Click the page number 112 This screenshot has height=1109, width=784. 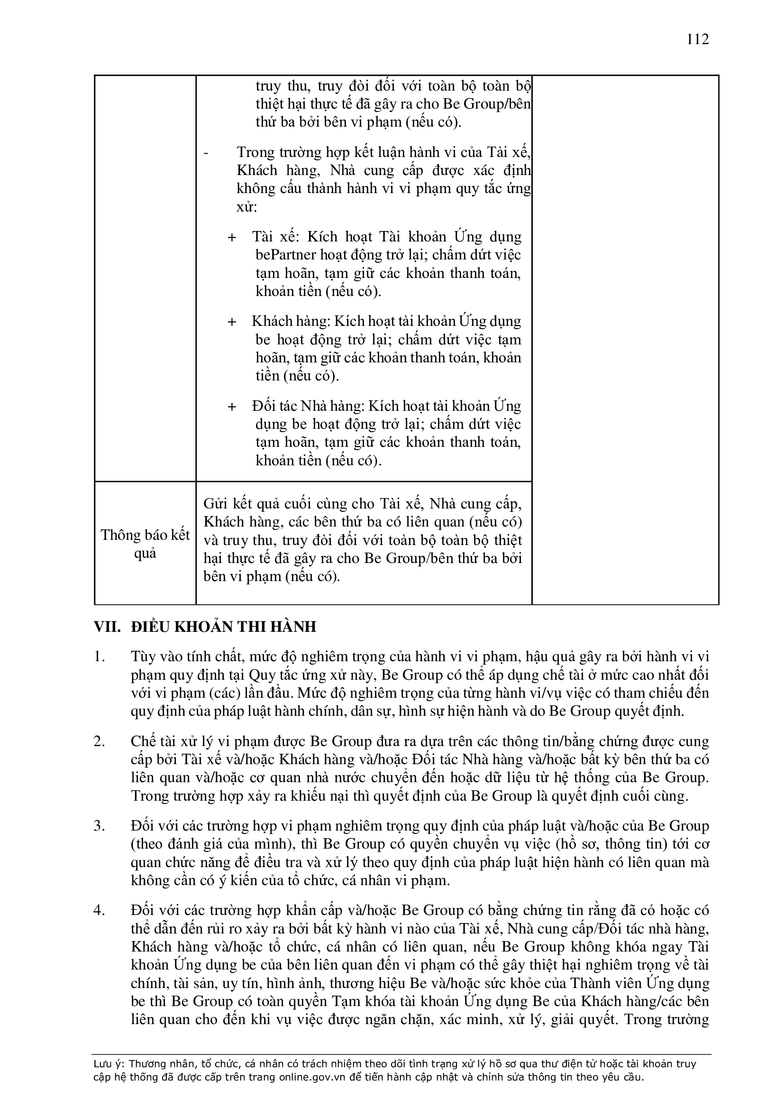coord(698,39)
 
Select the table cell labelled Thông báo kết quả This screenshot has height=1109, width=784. coord(145,544)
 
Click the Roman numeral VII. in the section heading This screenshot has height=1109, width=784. coord(107,627)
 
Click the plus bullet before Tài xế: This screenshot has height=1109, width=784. coord(232,237)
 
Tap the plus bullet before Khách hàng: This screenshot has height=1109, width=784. coord(232,322)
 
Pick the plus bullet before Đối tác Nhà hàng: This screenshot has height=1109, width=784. coord(232,407)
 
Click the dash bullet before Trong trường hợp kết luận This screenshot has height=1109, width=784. coord(207,153)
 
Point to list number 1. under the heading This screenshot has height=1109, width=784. coord(99,657)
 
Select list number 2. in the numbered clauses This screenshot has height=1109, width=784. coord(99,741)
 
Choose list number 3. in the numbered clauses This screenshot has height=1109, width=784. coord(99,826)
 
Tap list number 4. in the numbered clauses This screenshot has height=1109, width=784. coord(99,911)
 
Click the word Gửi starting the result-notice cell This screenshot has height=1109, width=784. coord(214,504)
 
